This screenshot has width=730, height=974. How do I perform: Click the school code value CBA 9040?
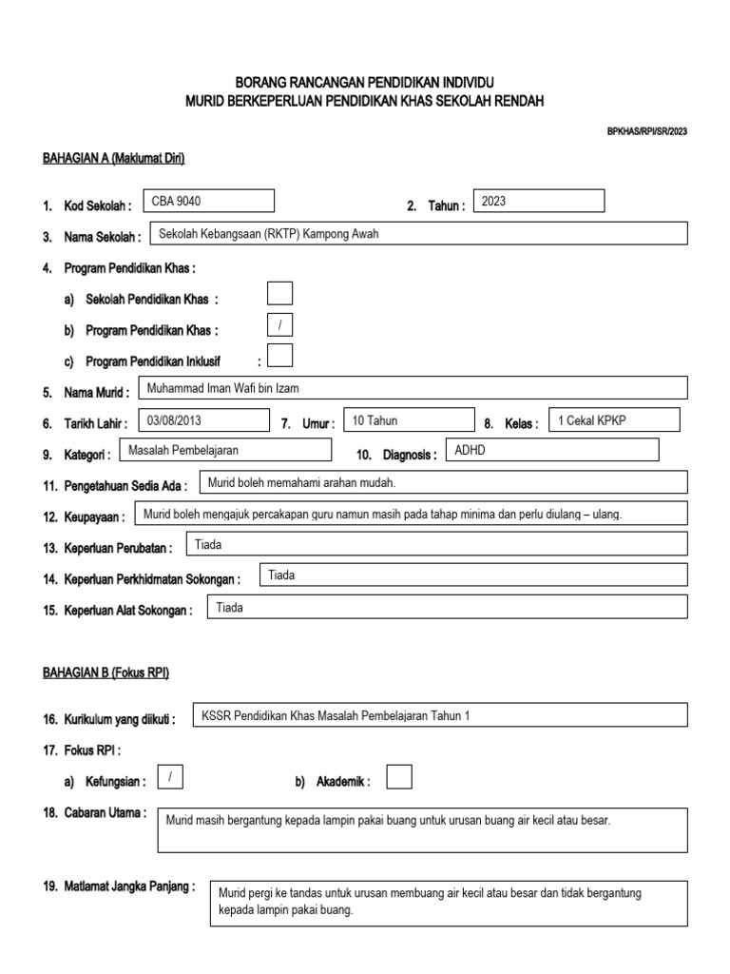178,202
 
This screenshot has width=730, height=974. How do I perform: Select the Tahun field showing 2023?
494,202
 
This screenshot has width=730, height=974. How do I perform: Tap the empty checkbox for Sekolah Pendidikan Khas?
280,294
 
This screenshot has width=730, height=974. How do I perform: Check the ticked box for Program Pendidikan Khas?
280,325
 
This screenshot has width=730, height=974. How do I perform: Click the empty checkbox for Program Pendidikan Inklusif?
280,356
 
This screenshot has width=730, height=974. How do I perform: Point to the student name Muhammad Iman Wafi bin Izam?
223,388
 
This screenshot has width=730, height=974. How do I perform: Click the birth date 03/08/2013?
175,419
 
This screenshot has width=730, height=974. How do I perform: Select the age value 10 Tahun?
375,420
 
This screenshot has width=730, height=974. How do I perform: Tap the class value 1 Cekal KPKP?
592,420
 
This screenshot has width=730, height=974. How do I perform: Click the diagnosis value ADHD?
471,450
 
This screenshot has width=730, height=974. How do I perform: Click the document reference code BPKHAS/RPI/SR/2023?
646,131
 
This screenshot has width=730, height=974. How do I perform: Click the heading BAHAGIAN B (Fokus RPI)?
106,672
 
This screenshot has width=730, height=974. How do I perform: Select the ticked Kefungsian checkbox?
170,777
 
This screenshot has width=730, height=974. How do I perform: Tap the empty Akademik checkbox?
400,777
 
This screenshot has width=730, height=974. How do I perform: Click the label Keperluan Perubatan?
118,549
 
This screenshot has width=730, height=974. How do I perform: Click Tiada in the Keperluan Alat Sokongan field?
230,608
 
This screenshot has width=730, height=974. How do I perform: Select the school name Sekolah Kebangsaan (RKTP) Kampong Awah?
269,234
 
